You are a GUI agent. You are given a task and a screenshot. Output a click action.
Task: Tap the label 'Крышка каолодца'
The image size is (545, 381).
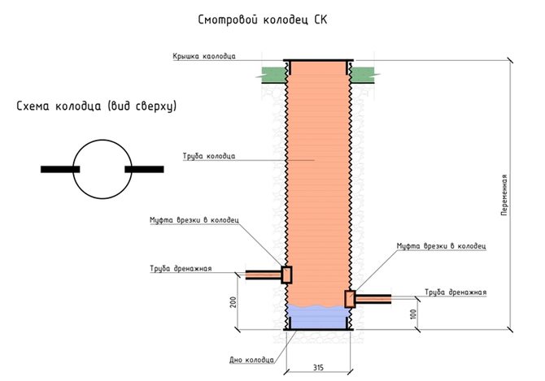(204, 57)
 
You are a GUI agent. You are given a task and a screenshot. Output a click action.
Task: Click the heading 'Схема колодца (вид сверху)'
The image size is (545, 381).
(97, 106)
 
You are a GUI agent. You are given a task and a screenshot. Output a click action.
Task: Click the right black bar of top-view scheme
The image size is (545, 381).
(144, 169)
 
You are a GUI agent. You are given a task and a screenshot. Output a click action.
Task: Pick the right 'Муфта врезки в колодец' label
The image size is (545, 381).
(441, 245)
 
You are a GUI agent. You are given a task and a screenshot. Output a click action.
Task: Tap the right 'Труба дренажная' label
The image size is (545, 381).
(456, 292)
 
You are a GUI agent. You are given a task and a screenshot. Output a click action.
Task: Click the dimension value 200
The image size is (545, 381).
(231, 301)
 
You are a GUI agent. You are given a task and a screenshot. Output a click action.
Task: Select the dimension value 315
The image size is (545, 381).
(318, 368)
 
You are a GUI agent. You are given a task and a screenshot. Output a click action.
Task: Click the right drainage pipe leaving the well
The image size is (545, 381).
(373, 299)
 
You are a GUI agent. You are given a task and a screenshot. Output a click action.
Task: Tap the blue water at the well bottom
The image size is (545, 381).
(318, 317)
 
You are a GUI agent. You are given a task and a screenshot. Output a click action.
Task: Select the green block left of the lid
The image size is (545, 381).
(273, 72)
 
